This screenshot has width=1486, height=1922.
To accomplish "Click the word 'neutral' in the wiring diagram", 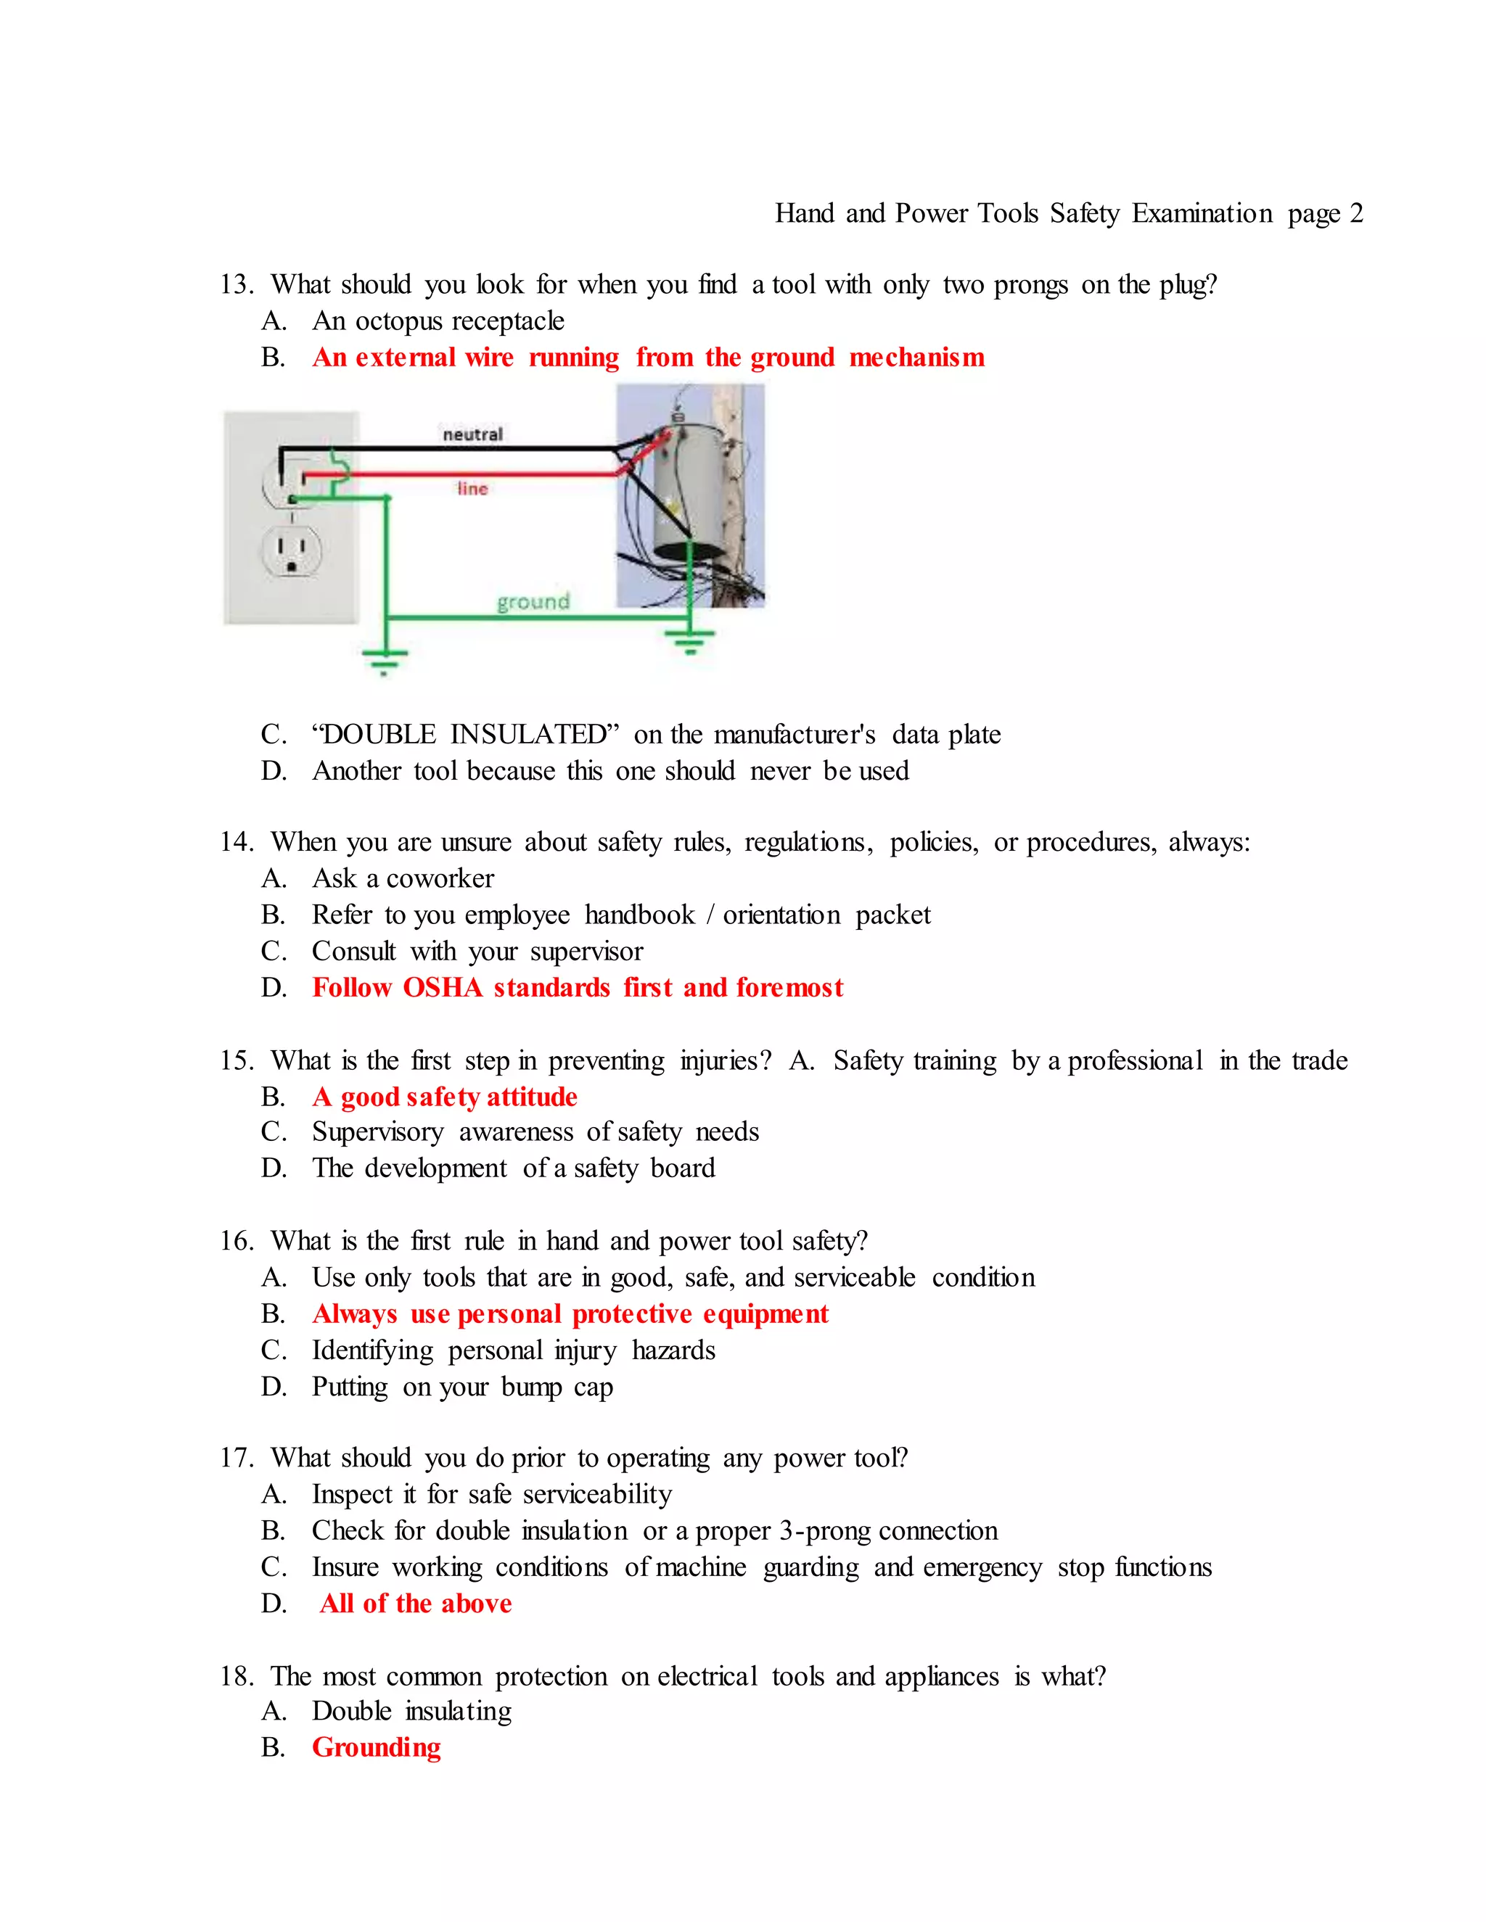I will click(x=473, y=434).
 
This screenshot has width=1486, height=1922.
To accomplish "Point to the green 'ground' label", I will click(x=533, y=601).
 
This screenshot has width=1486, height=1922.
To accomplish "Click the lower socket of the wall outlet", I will click(x=292, y=552).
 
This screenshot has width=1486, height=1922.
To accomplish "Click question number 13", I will click(x=236, y=284).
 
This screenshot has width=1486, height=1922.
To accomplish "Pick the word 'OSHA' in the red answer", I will click(x=442, y=987).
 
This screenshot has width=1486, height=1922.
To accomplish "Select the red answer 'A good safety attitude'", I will click(x=445, y=1097).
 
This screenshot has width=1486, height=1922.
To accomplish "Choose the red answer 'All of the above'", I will click(x=416, y=1604).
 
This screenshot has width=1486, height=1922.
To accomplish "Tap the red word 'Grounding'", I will click(x=376, y=1747).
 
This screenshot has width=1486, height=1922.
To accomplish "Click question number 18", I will click(x=236, y=1675).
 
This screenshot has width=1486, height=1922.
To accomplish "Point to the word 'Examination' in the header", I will click(x=1202, y=213).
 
